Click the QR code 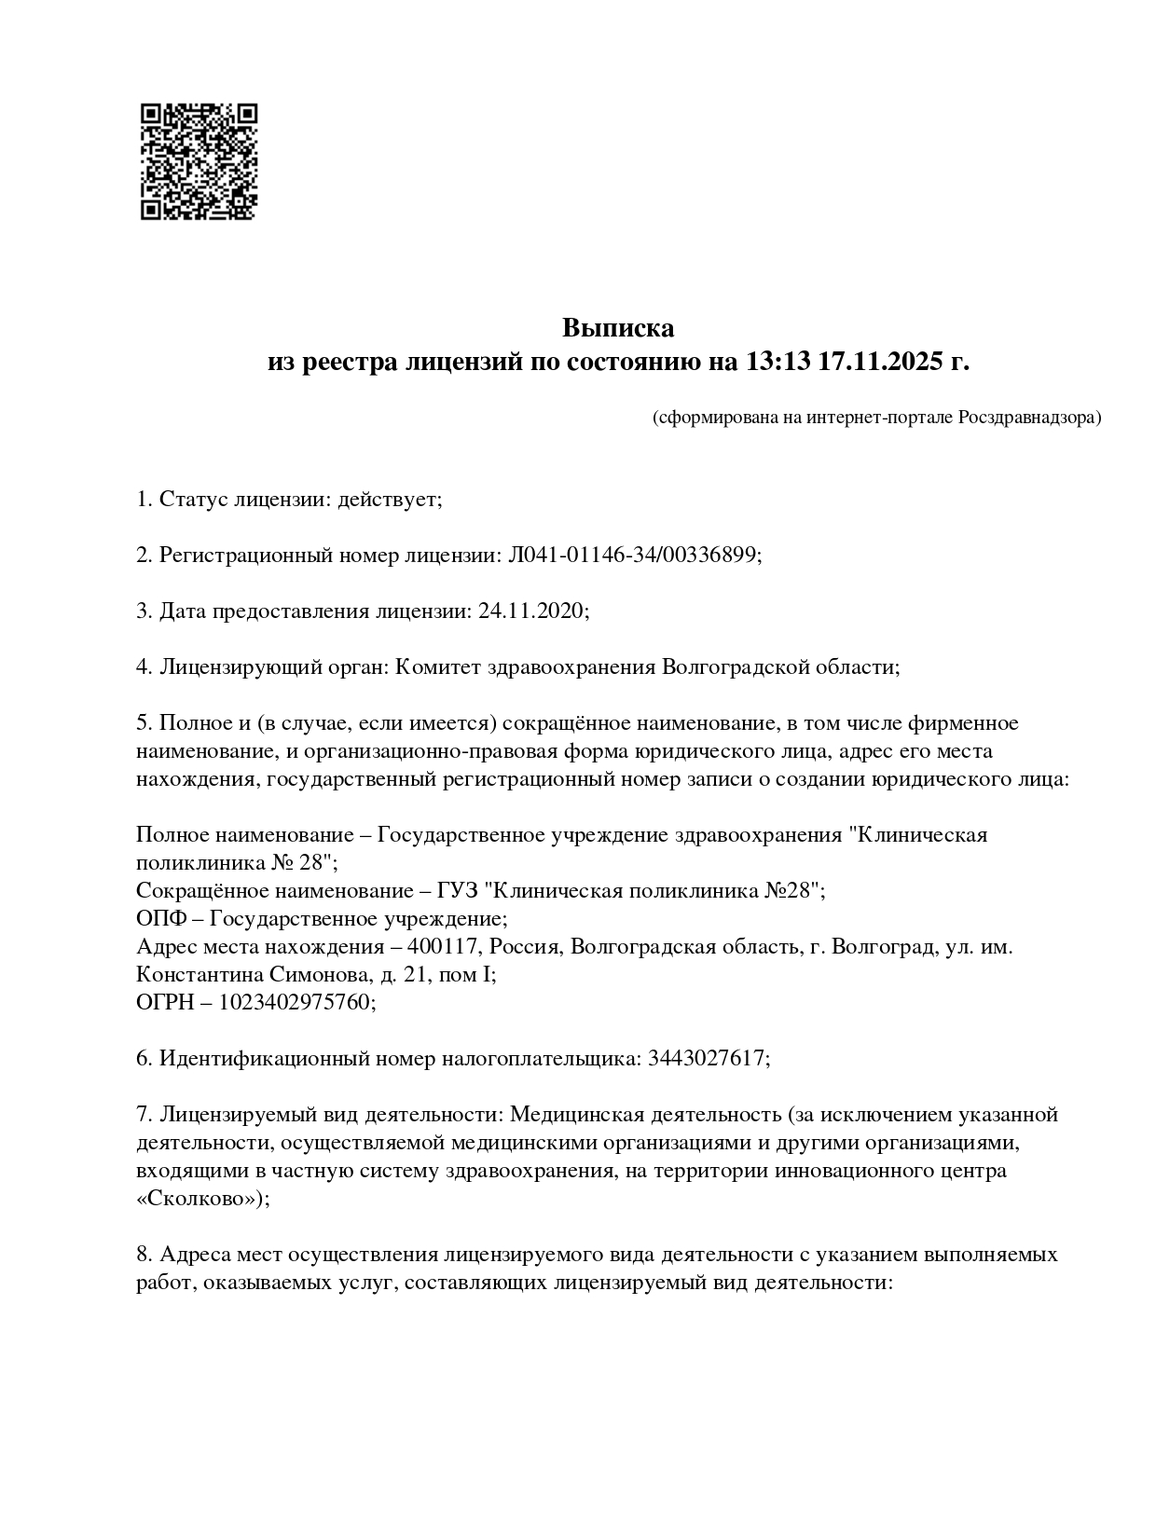click(199, 160)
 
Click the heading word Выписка click(617, 328)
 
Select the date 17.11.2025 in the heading click(880, 362)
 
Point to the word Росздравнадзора click(1029, 417)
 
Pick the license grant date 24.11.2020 click(530, 611)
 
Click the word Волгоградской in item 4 click(733, 667)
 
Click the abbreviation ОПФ click(160, 919)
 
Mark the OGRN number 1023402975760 click(296, 1003)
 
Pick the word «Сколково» click(200, 1199)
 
